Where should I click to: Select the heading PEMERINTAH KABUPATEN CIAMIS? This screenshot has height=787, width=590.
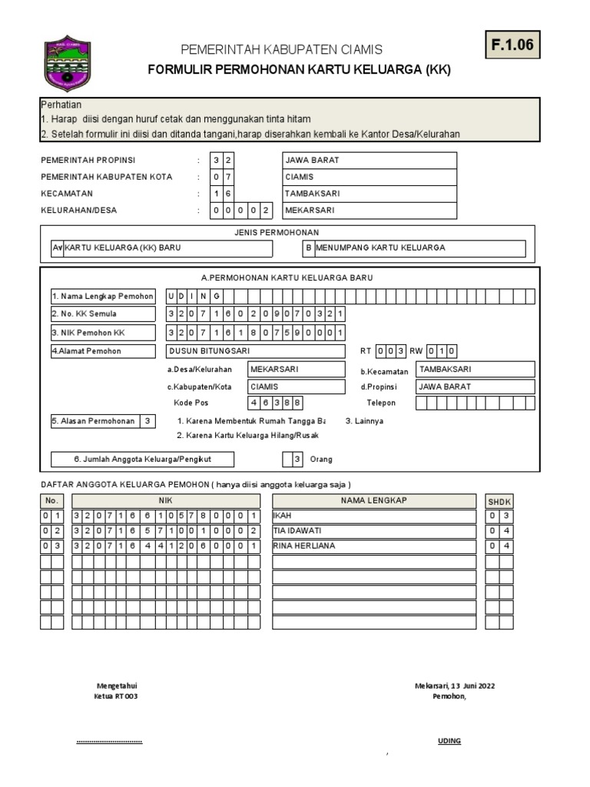(x=281, y=50)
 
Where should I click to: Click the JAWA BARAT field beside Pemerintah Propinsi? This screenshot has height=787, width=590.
(x=370, y=161)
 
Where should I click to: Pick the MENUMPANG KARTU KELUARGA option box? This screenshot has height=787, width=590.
(x=415, y=248)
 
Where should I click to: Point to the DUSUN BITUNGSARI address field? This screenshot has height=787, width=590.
(x=255, y=351)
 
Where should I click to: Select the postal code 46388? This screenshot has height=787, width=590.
(x=275, y=403)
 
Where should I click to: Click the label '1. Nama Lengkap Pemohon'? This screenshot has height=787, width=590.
(x=102, y=297)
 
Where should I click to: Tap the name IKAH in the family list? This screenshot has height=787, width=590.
(x=283, y=516)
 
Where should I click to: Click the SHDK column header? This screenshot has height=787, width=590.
(x=499, y=501)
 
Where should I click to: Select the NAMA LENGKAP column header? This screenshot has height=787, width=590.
(x=373, y=500)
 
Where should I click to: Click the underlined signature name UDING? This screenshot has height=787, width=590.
(x=449, y=742)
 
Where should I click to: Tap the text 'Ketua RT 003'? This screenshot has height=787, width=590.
(x=116, y=696)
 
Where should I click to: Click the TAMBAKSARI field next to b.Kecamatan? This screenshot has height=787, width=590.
(x=475, y=369)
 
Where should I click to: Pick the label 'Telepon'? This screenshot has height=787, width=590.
(x=381, y=403)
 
